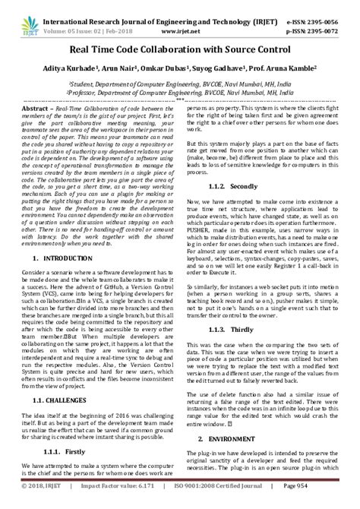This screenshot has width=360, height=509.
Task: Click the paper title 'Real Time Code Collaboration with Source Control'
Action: (179, 48)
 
